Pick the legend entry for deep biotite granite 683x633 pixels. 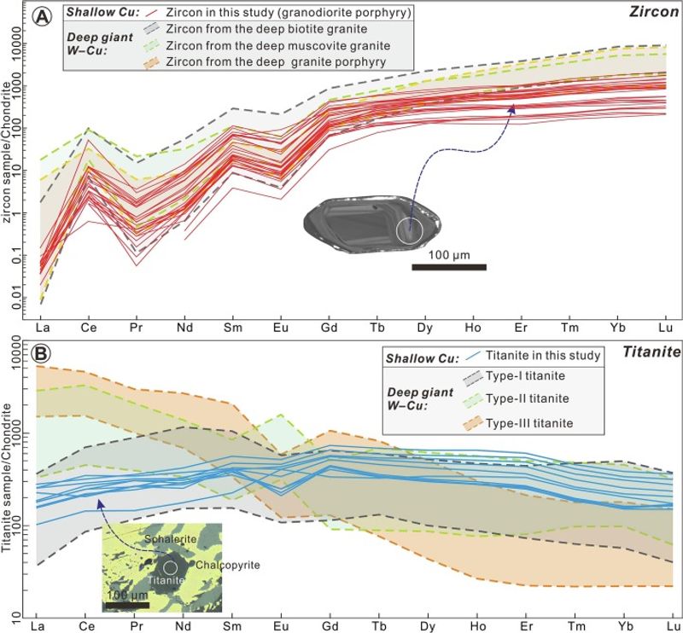click(261, 29)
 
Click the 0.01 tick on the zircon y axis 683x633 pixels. click(19, 299)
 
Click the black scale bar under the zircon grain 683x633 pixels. click(449, 268)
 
